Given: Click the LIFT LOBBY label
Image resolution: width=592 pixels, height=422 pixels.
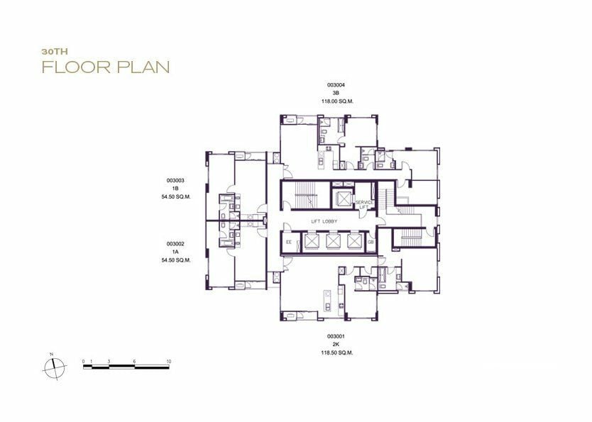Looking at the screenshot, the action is pyautogui.click(x=324, y=221).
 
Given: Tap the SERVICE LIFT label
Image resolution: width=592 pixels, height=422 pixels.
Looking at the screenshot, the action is pyautogui.click(x=364, y=205).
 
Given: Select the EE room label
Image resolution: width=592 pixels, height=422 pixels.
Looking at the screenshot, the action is pyautogui.click(x=289, y=242).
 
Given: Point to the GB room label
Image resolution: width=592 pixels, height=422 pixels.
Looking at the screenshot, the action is pyautogui.click(x=371, y=242).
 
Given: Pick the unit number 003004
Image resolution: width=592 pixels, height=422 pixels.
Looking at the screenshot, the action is pyautogui.click(x=336, y=85).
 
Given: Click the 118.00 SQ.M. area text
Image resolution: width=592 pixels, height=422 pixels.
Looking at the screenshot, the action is pyautogui.click(x=336, y=101).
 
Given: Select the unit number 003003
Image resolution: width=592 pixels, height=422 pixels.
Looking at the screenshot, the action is pyautogui.click(x=175, y=181).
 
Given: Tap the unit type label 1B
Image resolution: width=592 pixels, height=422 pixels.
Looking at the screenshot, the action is pyautogui.click(x=175, y=189).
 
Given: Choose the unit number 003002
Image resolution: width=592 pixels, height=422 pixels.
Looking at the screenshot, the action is pyautogui.click(x=175, y=245).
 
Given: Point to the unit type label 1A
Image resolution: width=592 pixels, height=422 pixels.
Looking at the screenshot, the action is pyautogui.click(x=175, y=252).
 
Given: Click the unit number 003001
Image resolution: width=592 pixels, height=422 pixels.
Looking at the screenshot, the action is pyautogui.click(x=336, y=336).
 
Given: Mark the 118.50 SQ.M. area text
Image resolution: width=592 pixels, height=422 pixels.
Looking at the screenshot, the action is pyautogui.click(x=336, y=353).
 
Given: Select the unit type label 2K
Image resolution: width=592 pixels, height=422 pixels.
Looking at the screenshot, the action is pyautogui.click(x=336, y=345).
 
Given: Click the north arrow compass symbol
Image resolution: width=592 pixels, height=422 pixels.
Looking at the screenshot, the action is pyautogui.click(x=55, y=367).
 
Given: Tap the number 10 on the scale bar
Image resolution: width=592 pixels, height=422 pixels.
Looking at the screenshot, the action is pyautogui.click(x=168, y=361).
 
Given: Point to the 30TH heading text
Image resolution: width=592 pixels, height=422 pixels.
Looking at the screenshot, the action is pyautogui.click(x=55, y=52).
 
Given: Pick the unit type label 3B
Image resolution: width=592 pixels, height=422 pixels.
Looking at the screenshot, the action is pyautogui.click(x=336, y=93).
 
